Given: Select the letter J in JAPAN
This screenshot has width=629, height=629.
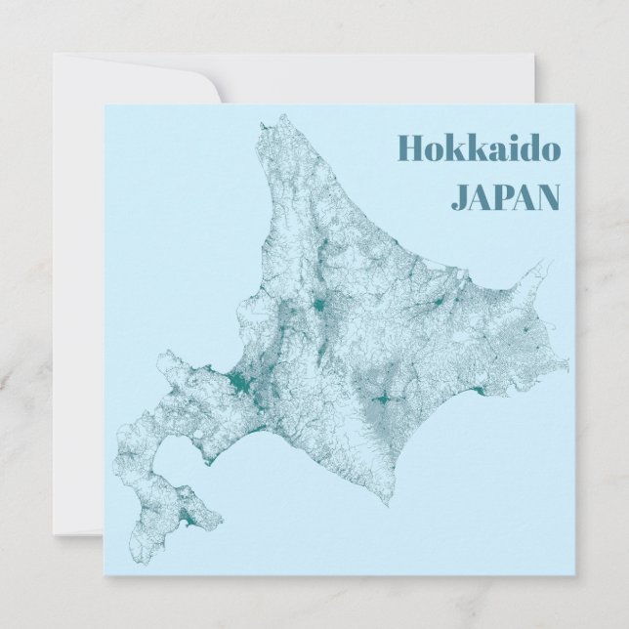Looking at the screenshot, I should (x=459, y=197).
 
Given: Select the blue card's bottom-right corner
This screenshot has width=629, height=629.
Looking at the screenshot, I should (x=577, y=575).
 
